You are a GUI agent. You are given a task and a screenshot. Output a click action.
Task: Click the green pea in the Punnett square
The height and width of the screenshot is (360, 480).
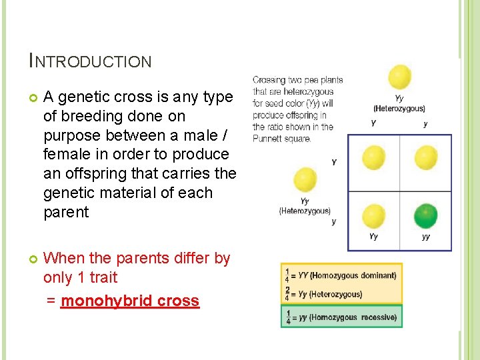coord(426,216)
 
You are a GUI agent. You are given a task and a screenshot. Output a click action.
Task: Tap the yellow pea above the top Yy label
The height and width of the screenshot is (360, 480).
coord(399,77)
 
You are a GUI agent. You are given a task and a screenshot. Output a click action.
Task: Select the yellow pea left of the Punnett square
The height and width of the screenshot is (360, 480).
coord(305,180)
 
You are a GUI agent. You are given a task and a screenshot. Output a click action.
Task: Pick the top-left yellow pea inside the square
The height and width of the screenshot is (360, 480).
coord(373,158)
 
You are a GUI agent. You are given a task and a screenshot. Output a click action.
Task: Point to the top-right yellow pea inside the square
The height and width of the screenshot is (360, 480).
coord(426,158)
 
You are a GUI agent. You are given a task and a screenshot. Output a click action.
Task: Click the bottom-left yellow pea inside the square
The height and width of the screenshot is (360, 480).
coord(373,216)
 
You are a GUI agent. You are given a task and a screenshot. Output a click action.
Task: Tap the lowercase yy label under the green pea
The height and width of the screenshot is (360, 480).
coord(426,237)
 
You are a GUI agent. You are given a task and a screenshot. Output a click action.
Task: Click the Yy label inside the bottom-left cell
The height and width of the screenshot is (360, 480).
coord(373,237)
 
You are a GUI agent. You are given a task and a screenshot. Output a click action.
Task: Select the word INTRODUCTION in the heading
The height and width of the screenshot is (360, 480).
coord(91,62)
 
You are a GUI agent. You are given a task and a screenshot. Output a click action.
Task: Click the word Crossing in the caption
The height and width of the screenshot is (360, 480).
coord(269,81)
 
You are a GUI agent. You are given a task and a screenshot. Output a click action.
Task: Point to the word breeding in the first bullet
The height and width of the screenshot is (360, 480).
coord(90,116)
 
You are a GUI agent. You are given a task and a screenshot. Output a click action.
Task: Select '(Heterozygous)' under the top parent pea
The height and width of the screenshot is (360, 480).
coord(399,109)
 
